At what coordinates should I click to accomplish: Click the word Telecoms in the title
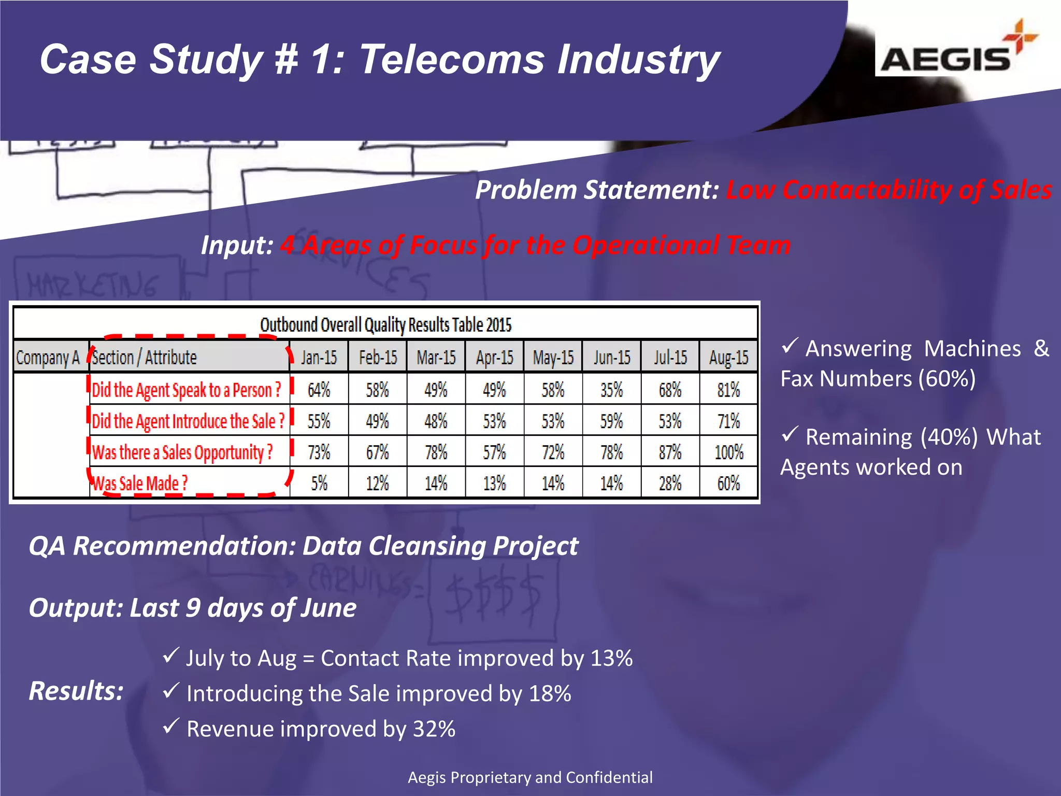click(x=451, y=60)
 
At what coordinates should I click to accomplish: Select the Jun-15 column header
click(x=612, y=357)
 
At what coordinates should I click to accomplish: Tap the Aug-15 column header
click(x=728, y=357)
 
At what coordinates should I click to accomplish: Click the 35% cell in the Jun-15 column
click(x=611, y=390)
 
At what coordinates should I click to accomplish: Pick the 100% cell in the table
click(x=728, y=452)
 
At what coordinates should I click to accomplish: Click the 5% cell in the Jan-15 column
click(x=319, y=484)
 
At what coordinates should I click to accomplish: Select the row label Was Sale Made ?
click(x=140, y=484)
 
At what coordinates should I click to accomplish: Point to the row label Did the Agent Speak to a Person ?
click(x=187, y=390)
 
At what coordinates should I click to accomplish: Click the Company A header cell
click(x=48, y=357)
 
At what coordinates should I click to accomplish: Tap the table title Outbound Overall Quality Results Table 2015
click(x=385, y=325)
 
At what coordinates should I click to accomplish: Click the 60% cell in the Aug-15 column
click(x=728, y=484)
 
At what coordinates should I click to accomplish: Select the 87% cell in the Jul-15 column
click(x=670, y=452)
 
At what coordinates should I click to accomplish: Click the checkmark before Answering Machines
click(x=790, y=346)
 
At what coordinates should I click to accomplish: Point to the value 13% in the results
click(x=611, y=658)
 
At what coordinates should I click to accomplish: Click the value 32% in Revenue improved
click(x=434, y=729)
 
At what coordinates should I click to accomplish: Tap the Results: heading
click(x=76, y=691)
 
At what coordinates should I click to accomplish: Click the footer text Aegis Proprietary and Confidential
click(x=530, y=777)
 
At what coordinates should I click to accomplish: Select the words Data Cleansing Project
click(x=440, y=546)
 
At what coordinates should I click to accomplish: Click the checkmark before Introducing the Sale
click(x=171, y=691)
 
